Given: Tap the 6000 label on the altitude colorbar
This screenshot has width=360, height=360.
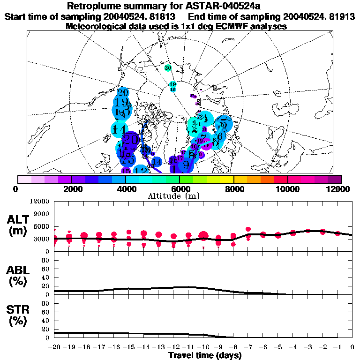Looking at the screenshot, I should tap(179, 189).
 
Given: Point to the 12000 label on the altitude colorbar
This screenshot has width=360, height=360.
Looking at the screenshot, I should tap(338, 189).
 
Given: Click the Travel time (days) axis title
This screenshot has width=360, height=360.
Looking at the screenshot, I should tap(205, 356).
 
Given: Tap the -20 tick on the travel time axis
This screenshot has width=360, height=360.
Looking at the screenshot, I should tap(54, 347).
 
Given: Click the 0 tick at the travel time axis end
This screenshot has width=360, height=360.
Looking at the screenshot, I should tap(352, 347).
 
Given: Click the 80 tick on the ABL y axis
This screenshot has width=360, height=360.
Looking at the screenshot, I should tap(45, 260).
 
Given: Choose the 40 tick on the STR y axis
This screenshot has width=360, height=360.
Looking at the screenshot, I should tap(45, 320).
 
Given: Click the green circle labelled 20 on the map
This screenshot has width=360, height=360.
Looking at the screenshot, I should tap(168, 68).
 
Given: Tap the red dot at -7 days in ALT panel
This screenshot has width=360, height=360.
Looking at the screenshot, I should tap(248, 230).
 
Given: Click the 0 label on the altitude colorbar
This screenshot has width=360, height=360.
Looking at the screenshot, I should tap(17, 189).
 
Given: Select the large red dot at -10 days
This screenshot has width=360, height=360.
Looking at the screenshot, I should tap(203, 236).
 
